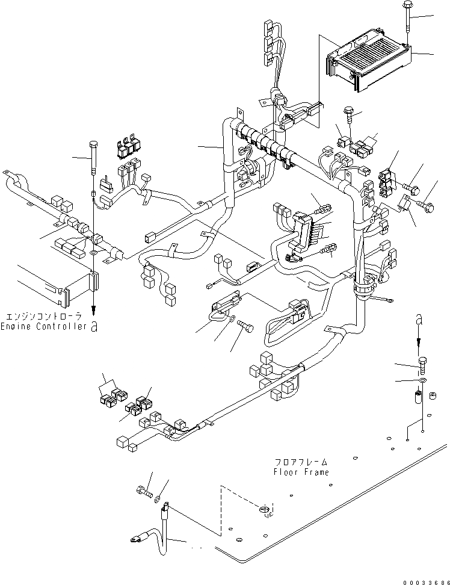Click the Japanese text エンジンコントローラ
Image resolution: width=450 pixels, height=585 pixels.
click(45, 315)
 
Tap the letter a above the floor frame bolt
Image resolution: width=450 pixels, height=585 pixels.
click(420, 321)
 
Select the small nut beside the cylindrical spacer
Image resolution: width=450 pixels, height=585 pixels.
click(431, 396)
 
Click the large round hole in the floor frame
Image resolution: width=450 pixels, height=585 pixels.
click(265, 511)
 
